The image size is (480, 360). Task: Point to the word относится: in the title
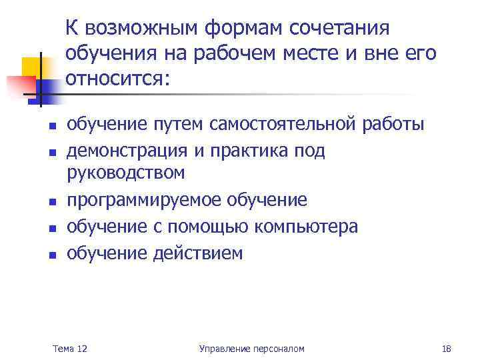119,79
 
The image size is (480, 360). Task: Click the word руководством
125,173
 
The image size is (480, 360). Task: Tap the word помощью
210,227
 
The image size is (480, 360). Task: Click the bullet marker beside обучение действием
51,255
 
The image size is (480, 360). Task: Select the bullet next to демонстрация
51,152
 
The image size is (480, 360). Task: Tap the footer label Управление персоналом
251,349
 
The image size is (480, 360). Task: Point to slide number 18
447,349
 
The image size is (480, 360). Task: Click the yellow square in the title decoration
33,67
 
